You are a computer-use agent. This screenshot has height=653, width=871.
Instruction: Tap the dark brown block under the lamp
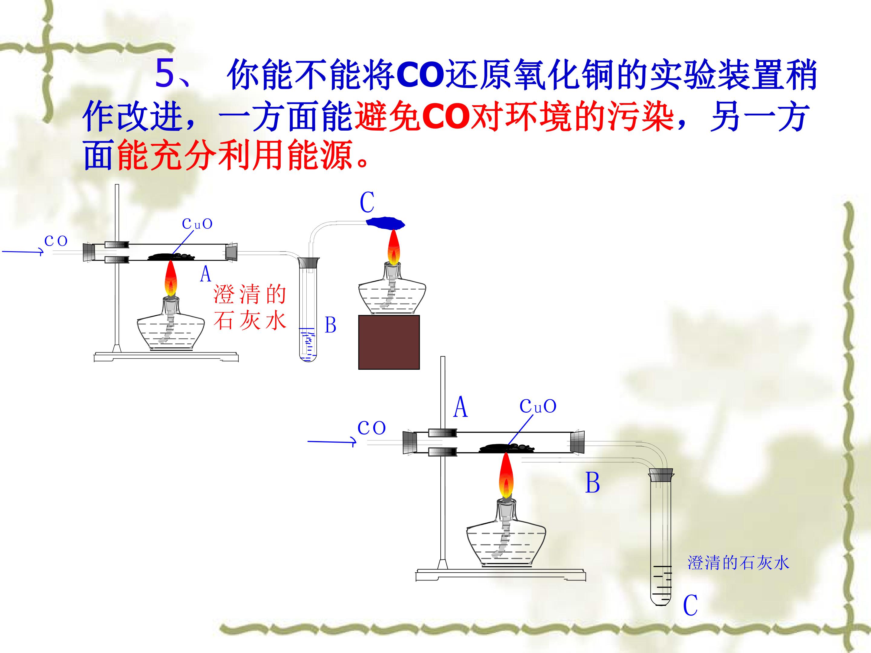[389, 342]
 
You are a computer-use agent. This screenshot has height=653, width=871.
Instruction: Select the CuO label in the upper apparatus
[197, 224]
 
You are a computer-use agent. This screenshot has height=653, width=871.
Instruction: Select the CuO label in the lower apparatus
[538, 406]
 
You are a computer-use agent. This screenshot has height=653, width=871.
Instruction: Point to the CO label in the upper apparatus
[56, 241]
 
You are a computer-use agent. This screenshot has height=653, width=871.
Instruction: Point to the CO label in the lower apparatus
[371, 427]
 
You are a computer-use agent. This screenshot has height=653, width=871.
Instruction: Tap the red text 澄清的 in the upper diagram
[250, 294]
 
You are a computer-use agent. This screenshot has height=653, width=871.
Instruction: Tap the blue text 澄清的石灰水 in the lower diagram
[738, 563]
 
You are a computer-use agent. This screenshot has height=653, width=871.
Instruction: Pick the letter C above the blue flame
[367, 203]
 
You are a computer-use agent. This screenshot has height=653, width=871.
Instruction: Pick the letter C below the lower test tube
[690, 605]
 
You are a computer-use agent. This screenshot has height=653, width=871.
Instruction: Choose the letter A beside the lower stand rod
[461, 407]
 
